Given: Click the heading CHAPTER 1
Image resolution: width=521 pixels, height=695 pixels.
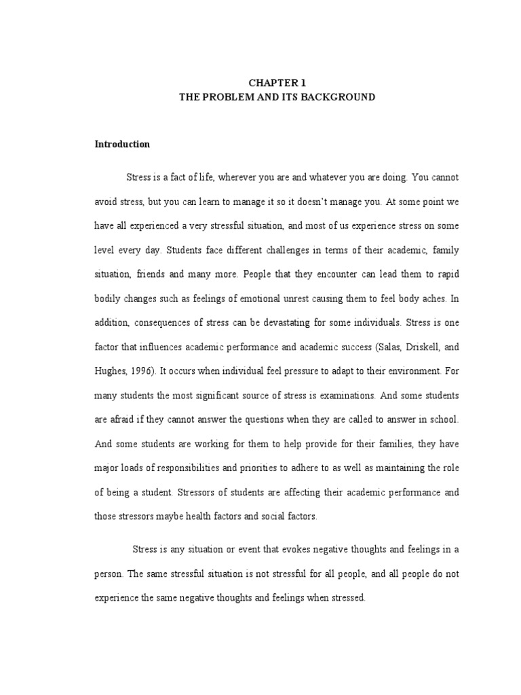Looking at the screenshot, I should tap(273, 83).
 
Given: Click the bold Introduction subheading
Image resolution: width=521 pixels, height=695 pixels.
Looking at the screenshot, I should tap(122, 145).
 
